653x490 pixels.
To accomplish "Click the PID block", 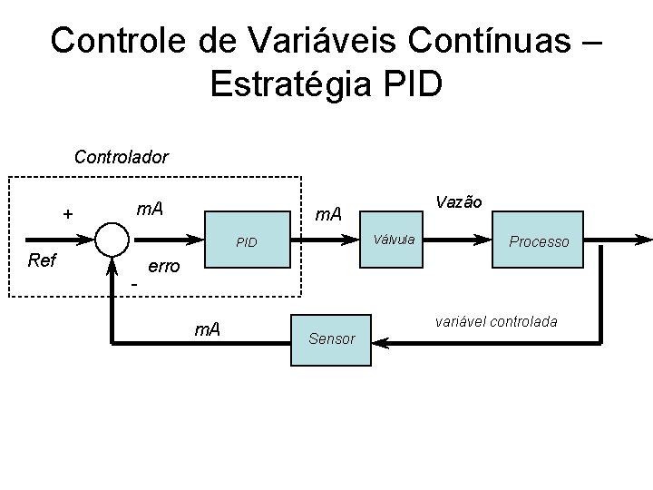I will click(x=246, y=241).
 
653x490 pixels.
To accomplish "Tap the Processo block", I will click(x=539, y=240).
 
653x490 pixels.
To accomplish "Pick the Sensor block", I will click(x=331, y=339).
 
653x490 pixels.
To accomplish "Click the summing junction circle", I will click(x=112, y=240).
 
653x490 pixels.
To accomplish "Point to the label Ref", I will click(x=43, y=261).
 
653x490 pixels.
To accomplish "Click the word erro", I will click(x=164, y=268).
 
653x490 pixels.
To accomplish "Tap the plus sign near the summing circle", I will click(x=66, y=214).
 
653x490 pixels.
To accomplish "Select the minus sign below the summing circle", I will click(x=133, y=286).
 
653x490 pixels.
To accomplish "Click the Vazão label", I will click(x=458, y=201).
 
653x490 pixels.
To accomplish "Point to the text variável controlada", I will click(x=496, y=322).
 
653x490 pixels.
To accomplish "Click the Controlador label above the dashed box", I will click(x=121, y=157).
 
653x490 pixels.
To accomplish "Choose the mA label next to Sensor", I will click(x=210, y=328).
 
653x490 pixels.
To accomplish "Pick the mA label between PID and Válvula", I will click(x=327, y=214).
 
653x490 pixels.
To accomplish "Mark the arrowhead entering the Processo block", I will click(x=484, y=240).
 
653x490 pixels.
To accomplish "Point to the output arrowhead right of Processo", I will click(x=643, y=240).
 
